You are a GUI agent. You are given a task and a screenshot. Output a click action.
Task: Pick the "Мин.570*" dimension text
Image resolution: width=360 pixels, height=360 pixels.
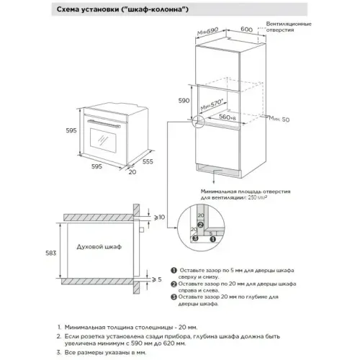tap(213, 105)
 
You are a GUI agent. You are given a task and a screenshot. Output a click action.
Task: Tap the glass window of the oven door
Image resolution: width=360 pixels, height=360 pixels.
tap(105, 140)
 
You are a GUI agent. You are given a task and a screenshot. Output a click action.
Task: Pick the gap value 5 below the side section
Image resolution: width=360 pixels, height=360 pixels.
tap(160, 279)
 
